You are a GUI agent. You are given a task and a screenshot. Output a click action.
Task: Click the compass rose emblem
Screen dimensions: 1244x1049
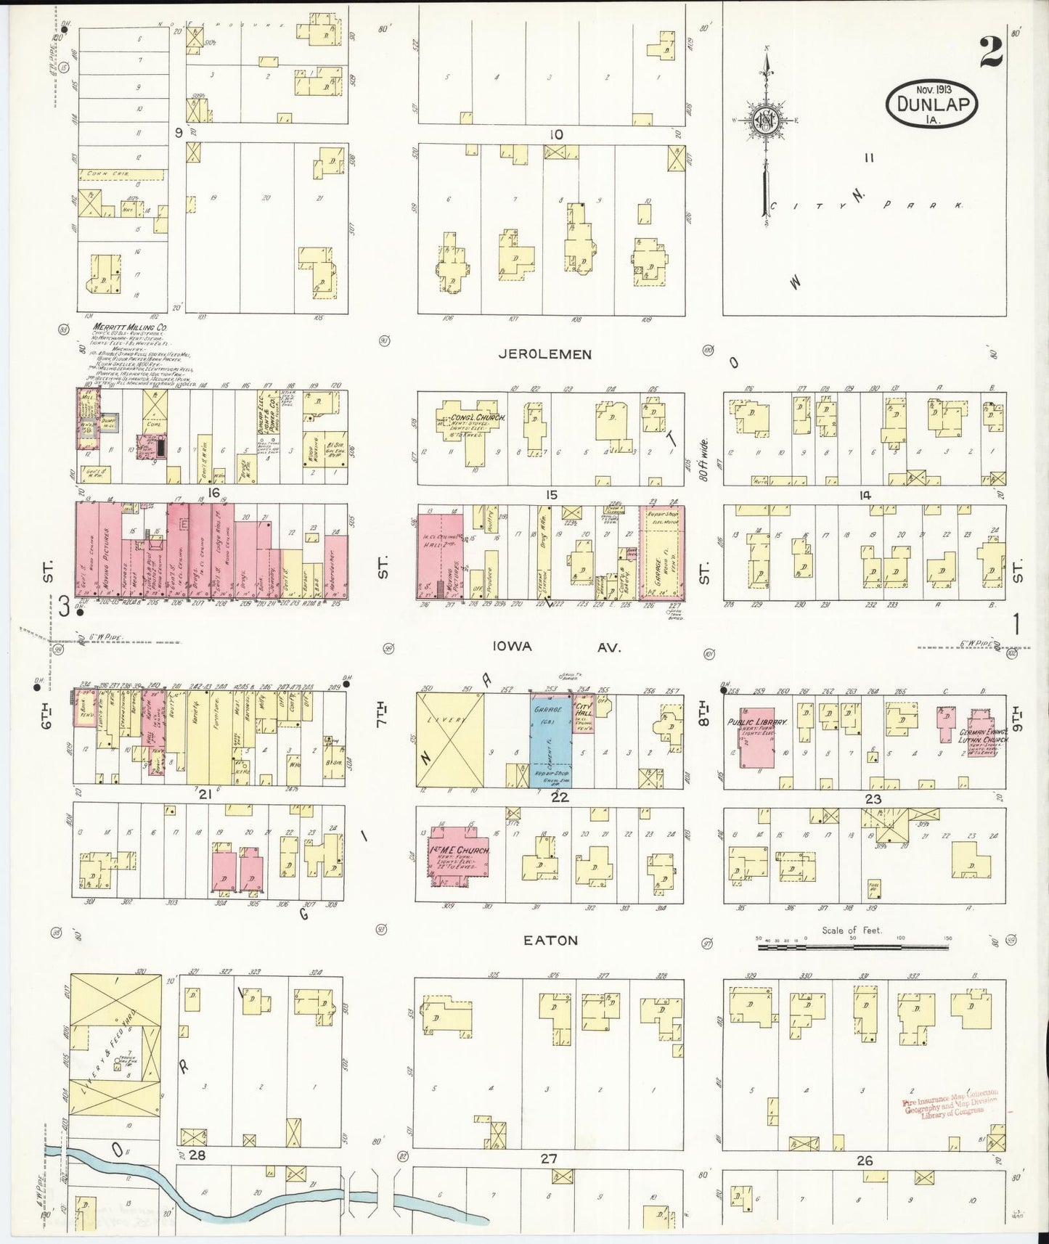pos(767,121)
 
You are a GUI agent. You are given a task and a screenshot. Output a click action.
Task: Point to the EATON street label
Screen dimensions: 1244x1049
pos(552,940)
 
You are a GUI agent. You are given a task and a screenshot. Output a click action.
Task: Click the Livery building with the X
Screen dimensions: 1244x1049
pos(449,740)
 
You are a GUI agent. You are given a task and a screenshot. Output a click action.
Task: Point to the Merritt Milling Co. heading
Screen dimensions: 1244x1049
pos(130,327)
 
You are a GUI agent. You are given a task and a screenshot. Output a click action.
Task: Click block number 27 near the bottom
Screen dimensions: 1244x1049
pos(548,1160)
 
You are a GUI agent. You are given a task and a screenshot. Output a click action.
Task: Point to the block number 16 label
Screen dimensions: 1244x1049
pos(213,493)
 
